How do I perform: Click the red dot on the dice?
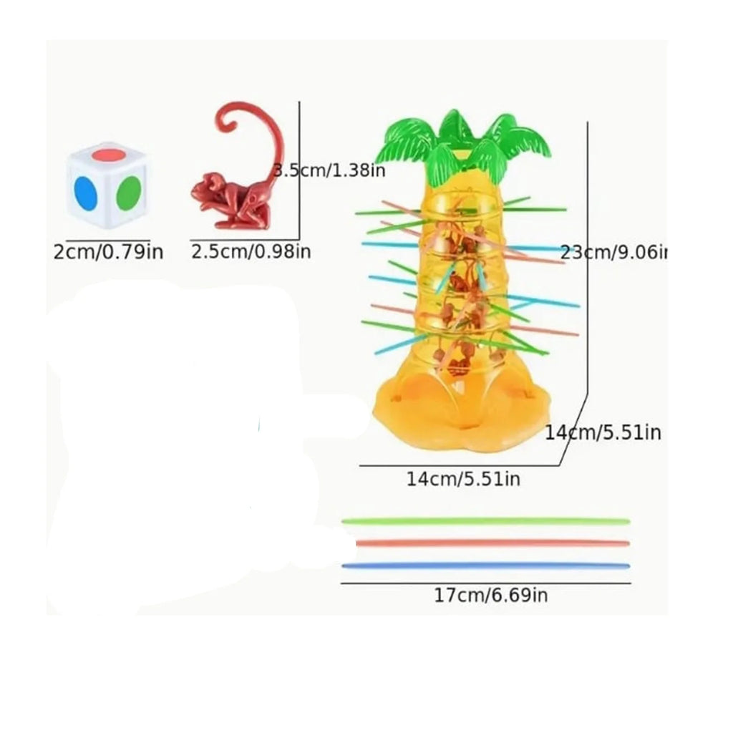108,154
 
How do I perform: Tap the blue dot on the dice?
85,194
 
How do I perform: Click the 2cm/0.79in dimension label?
109,253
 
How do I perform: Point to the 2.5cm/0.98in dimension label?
251,252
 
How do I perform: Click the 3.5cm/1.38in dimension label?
329,170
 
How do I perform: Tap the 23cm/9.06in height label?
613,253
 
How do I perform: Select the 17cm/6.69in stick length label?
491,596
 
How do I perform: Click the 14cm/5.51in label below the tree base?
463,479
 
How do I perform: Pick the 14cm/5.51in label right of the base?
603,432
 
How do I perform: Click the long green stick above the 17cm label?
486,521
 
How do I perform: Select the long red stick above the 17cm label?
492,543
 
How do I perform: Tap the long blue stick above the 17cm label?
486,566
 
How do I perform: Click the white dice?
107,185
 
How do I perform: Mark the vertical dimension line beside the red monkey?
299,170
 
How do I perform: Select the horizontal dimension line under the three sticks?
486,583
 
